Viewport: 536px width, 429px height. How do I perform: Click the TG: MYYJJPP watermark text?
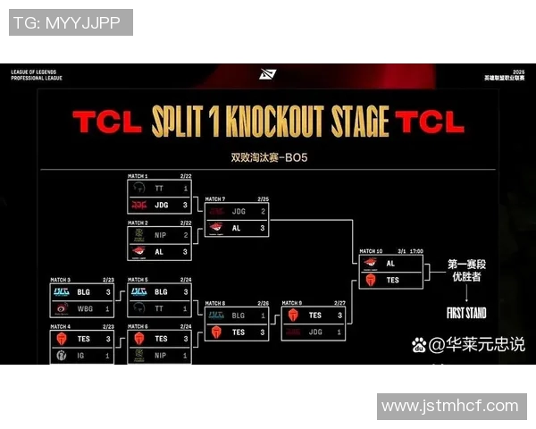tap(70, 22)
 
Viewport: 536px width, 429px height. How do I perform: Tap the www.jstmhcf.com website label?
tap(449, 407)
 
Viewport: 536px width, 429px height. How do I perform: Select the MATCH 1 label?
tap(139, 177)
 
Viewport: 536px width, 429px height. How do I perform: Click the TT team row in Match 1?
tap(160, 189)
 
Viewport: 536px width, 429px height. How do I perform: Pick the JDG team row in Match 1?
tap(160, 204)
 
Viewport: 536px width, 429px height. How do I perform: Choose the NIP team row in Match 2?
tap(160, 235)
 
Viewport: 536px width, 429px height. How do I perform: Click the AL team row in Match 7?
tap(237, 227)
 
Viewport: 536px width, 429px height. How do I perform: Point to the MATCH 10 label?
tap(371, 252)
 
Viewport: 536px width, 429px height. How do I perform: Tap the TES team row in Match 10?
tap(389, 280)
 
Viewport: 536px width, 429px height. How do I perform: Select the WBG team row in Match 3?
tap(82, 308)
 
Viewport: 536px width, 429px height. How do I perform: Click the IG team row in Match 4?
tap(82, 355)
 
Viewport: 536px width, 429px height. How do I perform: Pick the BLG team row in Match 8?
tap(237, 315)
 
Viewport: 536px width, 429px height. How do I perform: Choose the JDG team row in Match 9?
tap(314, 332)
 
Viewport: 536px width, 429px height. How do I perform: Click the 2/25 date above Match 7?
tap(263, 199)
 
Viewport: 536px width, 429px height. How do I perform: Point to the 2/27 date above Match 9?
tap(339, 303)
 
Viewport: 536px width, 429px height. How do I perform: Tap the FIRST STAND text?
tap(467, 314)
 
